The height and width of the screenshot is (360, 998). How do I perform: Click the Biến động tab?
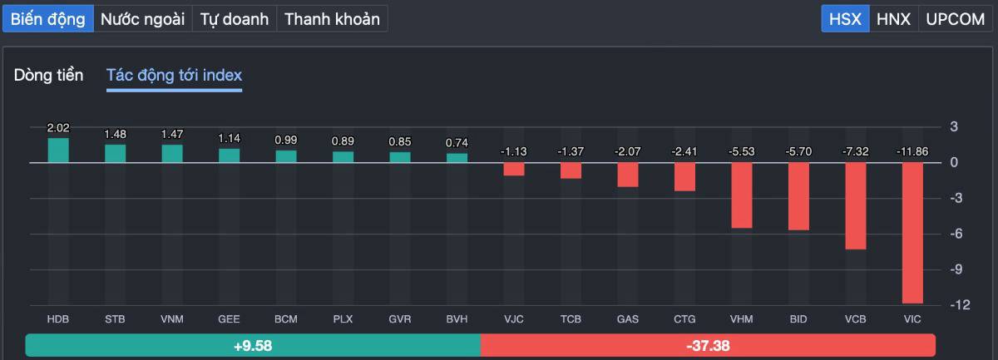[x=47, y=19]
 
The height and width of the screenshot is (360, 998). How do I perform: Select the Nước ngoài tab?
[x=142, y=19]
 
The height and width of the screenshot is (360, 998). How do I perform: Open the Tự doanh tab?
[x=235, y=19]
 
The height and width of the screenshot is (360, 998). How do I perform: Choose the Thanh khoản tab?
[x=332, y=19]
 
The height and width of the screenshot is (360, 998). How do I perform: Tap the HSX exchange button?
[x=845, y=19]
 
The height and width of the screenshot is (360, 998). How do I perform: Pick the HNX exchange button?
[x=893, y=19]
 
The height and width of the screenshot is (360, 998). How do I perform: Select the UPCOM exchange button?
[x=955, y=19]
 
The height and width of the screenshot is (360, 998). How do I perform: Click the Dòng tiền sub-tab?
[x=48, y=76]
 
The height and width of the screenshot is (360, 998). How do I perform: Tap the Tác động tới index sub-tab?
[x=174, y=76]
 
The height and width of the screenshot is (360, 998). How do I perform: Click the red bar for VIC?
[x=912, y=233]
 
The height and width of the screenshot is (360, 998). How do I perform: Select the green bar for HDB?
[x=58, y=150]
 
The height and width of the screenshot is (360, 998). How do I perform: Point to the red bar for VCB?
[x=856, y=206]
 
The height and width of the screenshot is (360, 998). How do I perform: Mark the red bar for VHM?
[x=742, y=195]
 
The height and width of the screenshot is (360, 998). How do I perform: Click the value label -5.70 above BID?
[x=798, y=152]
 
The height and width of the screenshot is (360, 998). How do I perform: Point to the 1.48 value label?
[x=115, y=134]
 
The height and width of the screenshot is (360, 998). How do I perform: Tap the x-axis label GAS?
[x=628, y=319]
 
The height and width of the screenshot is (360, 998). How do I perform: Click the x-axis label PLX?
[x=343, y=319]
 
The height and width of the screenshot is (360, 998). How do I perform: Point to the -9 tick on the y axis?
[x=954, y=269]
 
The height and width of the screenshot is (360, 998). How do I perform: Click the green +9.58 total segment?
[x=253, y=345]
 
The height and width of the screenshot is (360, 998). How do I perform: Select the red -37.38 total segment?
[x=708, y=345]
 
